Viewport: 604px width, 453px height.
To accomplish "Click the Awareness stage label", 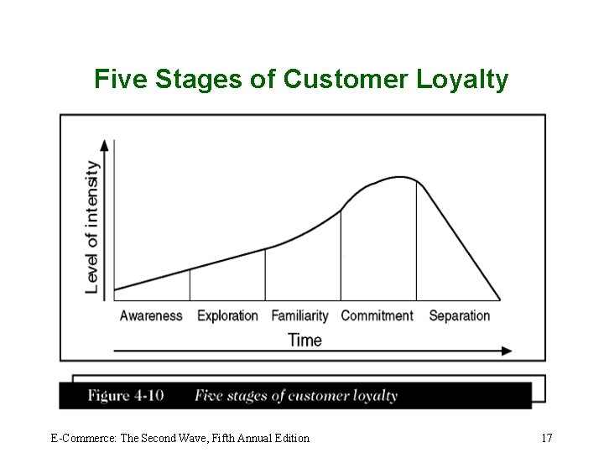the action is (151, 316).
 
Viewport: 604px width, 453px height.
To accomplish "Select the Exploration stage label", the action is (227, 316).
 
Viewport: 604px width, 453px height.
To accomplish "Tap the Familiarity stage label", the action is (299, 316).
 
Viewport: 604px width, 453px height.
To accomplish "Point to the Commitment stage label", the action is (377, 316).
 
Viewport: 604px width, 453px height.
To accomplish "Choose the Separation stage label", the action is (459, 316).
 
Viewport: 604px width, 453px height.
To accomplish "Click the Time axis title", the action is (305, 340).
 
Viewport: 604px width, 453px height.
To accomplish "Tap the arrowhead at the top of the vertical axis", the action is (105, 144).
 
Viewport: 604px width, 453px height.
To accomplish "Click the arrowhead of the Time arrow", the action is (506, 351).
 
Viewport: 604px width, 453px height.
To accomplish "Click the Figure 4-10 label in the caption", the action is (126, 396).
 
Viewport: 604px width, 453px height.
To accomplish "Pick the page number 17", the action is (546, 438).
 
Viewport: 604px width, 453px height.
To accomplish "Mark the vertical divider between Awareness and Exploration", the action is (190, 284).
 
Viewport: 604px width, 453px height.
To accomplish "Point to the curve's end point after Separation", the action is (500, 299).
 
